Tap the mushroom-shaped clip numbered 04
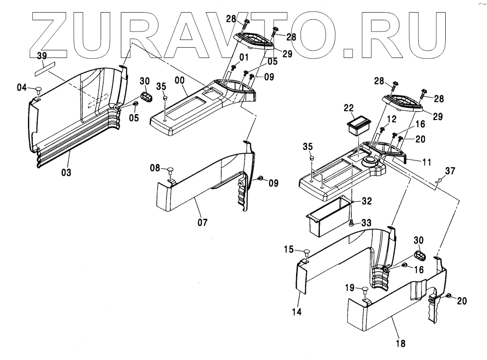38,88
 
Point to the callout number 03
66,172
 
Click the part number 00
180,80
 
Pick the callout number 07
203,222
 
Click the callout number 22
349,107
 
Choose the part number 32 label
367,201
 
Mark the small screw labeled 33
352,222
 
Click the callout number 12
392,119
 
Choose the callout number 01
244,57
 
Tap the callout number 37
450,171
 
